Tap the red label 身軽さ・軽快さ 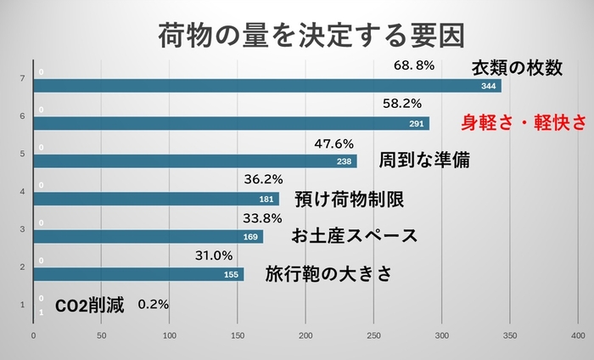coord(523,122)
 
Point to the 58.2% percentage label coord(402,104)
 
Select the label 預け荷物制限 coord(348,200)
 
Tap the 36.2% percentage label coord(263,180)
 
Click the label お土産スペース coord(354,236)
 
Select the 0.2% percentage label coord(153,304)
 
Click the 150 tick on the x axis coord(238,337)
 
